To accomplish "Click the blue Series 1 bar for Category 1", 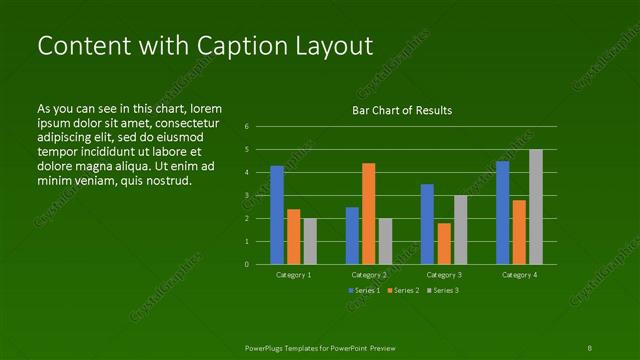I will coord(277,215).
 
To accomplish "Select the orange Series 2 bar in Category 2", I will coord(368,213).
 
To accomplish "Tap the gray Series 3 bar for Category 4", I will coord(536,207).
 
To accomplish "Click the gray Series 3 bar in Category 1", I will coord(310,241).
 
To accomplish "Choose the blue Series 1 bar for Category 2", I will coord(352,235).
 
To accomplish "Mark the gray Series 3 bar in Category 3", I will coord(460,229).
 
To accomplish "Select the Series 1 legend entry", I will coord(364,290).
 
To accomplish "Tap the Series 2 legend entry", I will coord(402,290).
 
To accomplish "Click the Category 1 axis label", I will coord(293,274).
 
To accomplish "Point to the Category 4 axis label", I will coord(519,274).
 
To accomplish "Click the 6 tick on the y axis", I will coord(246,127).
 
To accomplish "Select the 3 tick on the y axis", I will coord(246,196).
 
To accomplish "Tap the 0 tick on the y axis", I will coord(246,265).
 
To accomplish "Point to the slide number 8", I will coord(590,347).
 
